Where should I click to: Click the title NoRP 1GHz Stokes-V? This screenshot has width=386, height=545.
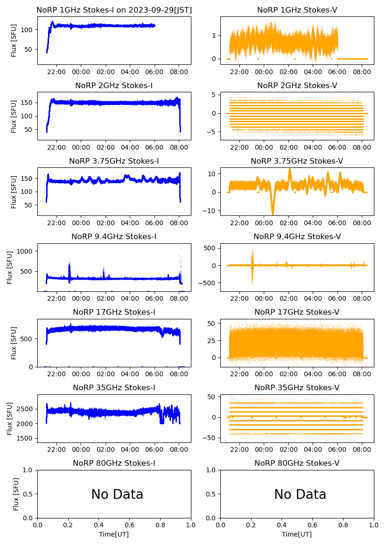coord(297,10)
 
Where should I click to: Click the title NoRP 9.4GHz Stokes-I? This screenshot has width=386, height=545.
coord(114,236)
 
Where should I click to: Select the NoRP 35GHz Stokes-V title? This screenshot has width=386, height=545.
coord(297,387)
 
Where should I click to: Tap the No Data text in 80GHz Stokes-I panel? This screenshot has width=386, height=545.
coord(117,494)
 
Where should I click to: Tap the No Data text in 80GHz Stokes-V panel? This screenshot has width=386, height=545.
coord(300,494)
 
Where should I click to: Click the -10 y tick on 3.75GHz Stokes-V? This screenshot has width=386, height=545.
coord(210,211)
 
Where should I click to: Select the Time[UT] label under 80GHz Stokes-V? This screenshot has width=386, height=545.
coord(297,534)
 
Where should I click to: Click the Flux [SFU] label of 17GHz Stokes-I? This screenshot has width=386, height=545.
coord(14,343)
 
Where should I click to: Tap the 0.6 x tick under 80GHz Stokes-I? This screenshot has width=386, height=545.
coord(130,525)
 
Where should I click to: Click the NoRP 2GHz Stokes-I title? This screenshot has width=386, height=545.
coord(114,85)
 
